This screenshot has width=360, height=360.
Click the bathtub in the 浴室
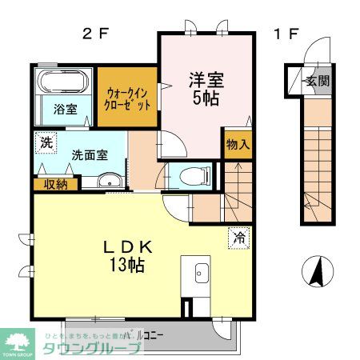(63, 82)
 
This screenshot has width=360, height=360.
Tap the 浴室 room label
(65, 110)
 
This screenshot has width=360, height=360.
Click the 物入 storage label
(238, 145)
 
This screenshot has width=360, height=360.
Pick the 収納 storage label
(55, 184)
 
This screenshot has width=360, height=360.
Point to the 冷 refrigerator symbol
(238, 237)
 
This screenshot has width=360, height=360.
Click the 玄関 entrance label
(318, 81)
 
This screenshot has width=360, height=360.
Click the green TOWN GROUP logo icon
(17, 339)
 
